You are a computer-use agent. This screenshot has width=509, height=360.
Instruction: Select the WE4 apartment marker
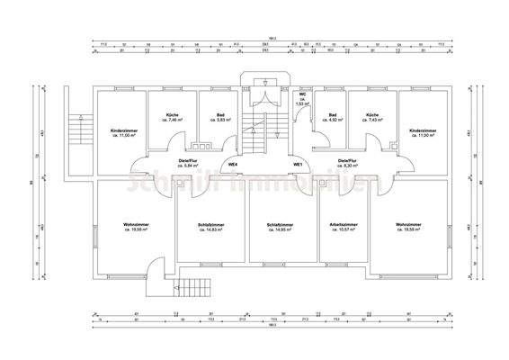[232, 164]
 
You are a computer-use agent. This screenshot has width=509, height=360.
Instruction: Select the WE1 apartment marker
[297, 164]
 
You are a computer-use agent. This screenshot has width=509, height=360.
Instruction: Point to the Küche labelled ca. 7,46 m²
[173, 115]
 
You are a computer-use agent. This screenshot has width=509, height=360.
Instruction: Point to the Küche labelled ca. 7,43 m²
[370, 115]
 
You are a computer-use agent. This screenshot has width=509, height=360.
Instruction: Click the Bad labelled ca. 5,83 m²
[221, 115]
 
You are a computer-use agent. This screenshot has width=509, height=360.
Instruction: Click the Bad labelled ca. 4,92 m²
[333, 115]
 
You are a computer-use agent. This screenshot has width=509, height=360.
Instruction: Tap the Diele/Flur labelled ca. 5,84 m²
[188, 162]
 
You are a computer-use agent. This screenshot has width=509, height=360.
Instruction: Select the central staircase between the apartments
[259, 135]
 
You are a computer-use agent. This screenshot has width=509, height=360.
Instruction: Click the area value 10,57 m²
[344, 229]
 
